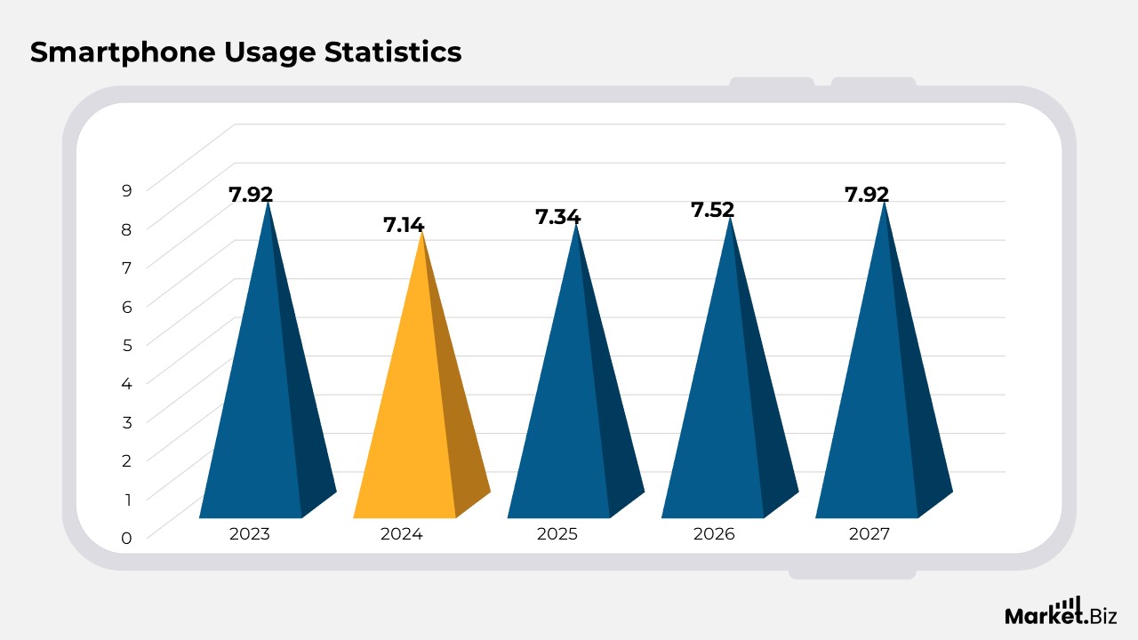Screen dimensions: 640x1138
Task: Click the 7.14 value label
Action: click(404, 225)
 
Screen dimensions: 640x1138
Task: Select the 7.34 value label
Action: click(557, 217)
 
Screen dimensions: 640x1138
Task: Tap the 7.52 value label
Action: click(713, 210)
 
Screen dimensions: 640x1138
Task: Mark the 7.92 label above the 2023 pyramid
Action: click(251, 195)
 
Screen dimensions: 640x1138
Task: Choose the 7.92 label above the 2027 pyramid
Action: click(867, 195)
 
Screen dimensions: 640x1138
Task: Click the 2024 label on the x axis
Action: click(402, 534)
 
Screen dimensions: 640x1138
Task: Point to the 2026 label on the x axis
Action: click(714, 534)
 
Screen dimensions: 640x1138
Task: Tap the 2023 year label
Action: click(249, 534)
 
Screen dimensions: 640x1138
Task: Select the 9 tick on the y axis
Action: click(127, 189)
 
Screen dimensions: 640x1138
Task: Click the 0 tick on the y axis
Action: click(127, 538)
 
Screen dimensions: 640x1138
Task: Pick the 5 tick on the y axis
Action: click(127, 344)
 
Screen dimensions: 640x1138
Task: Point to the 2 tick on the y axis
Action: click(127, 460)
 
